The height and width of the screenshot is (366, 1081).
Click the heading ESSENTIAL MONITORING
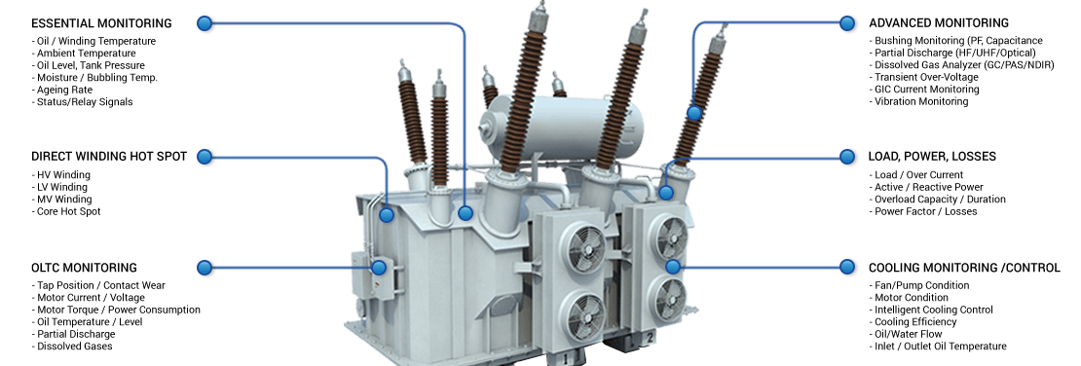point(101,23)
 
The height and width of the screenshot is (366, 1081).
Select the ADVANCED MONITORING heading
point(938,23)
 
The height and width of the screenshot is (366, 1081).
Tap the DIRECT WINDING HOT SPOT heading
point(109,157)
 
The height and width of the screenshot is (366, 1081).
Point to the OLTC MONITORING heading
point(84,268)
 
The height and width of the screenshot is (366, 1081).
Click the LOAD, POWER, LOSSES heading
point(932,157)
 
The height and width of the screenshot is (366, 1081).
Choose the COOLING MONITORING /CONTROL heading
point(964,268)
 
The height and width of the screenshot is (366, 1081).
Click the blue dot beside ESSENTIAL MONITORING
point(205,23)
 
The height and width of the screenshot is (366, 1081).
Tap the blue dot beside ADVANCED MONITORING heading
point(847,23)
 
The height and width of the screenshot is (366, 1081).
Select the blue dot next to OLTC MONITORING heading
point(205,268)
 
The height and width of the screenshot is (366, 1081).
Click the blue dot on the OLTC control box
point(379,268)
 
